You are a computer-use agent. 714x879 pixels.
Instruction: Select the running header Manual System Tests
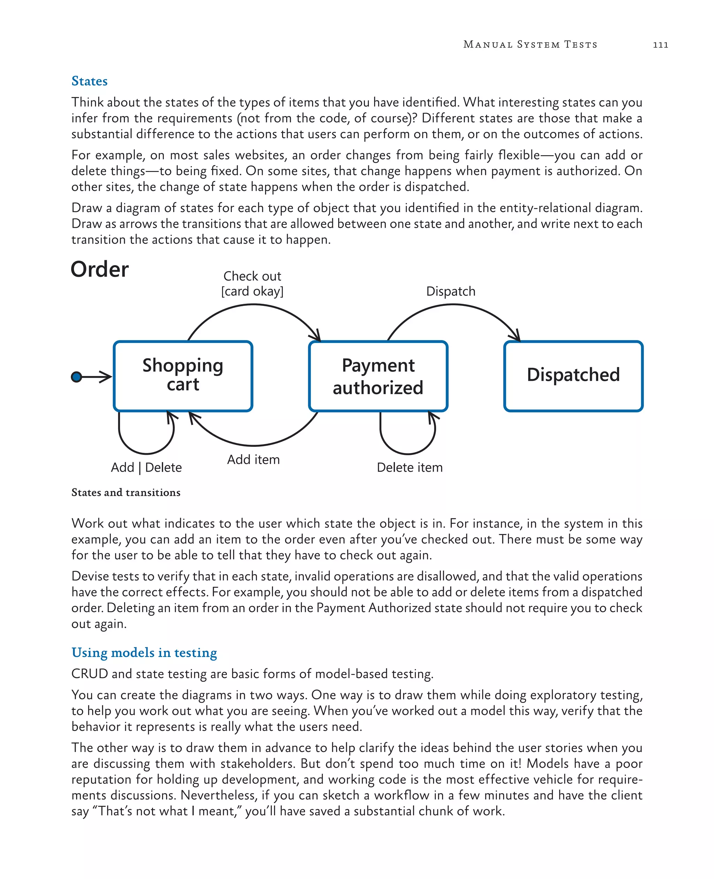click(x=530, y=44)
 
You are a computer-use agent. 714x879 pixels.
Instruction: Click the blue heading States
click(x=89, y=81)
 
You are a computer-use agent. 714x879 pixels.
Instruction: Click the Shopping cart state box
click(x=183, y=376)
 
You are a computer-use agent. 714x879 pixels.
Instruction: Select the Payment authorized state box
click(x=378, y=376)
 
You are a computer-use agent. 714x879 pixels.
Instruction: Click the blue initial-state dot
click(x=76, y=376)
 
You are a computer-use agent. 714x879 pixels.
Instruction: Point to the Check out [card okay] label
click(x=252, y=284)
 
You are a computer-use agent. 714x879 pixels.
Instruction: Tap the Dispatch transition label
click(x=450, y=291)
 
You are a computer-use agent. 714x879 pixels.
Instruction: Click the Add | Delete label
click(x=146, y=467)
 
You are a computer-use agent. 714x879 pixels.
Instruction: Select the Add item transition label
click(x=253, y=459)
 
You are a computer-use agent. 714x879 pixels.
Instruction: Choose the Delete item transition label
click(x=410, y=467)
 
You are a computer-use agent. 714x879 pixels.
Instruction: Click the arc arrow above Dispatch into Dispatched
click(x=453, y=305)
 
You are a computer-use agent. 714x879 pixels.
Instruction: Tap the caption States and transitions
click(x=126, y=493)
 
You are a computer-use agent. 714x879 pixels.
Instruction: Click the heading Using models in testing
click(x=144, y=653)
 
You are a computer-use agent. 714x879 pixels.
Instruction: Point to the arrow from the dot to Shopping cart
click(x=98, y=376)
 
